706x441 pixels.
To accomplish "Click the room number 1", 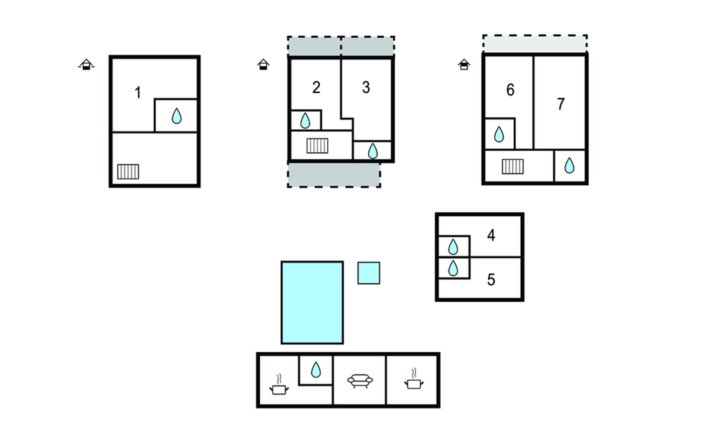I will pyautogui.click(x=138, y=93).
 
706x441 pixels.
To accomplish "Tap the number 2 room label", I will pyautogui.click(x=316, y=87).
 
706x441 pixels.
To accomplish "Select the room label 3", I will pyautogui.click(x=366, y=87).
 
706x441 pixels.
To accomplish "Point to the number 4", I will pyautogui.click(x=491, y=235).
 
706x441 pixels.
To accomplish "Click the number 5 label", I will pyautogui.click(x=491, y=280).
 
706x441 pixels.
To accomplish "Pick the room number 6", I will pyautogui.click(x=510, y=90).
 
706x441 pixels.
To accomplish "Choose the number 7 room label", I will pyautogui.click(x=561, y=104).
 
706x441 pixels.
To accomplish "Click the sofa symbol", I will pyautogui.click(x=360, y=381).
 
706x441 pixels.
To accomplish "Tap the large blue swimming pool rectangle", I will pyautogui.click(x=312, y=302).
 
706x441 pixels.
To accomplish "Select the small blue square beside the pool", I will pyautogui.click(x=369, y=273).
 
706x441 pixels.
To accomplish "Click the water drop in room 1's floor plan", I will pyautogui.click(x=176, y=116).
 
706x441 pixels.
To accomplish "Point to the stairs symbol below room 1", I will pyautogui.click(x=128, y=172).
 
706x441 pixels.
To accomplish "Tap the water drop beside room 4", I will pyautogui.click(x=453, y=247).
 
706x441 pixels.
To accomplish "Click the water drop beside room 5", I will pyautogui.click(x=453, y=268).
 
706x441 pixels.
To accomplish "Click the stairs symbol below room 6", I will pyautogui.click(x=513, y=166).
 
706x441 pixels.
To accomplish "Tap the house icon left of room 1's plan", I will pyautogui.click(x=86, y=65).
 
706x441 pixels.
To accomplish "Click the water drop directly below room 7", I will pyautogui.click(x=569, y=165).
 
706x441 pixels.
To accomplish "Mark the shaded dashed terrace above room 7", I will pyautogui.click(x=535, y=44).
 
